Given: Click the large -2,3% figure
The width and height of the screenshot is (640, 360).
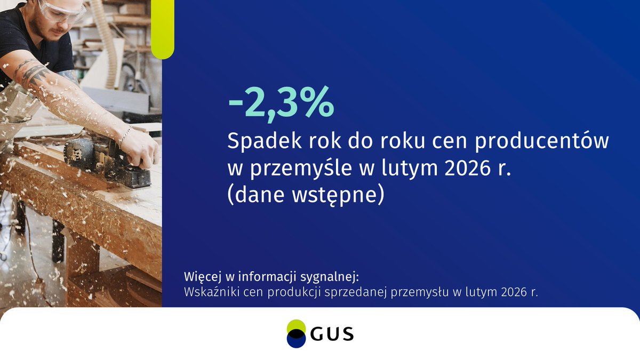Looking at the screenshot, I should pos(281,105).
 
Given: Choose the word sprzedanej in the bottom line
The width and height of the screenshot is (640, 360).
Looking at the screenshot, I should pos(364,292).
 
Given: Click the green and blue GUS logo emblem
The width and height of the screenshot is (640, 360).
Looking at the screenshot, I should pos(296,334).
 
